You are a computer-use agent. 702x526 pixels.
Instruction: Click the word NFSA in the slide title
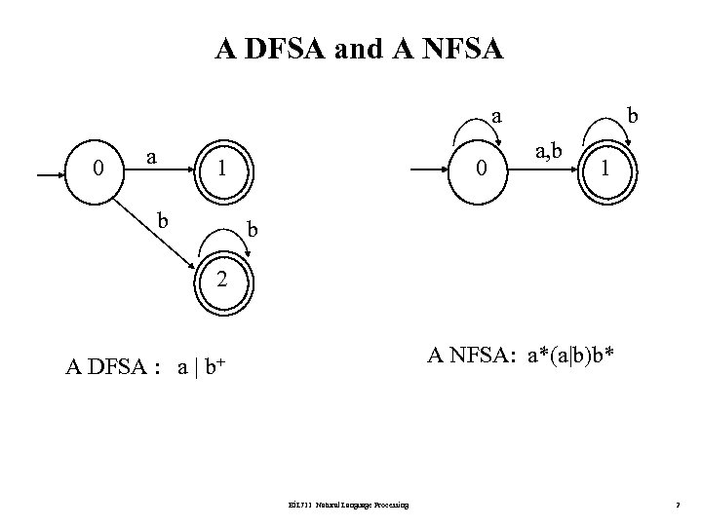click(462, 49)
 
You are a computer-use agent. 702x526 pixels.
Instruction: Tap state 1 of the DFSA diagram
click(222, 168)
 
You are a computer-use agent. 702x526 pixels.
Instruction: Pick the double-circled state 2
click(222, 280)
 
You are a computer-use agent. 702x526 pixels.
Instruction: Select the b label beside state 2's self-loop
click(253, 229)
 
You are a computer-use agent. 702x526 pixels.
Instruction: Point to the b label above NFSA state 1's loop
click(633, 116)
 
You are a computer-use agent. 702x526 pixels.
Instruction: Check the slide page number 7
click(677, 504)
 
